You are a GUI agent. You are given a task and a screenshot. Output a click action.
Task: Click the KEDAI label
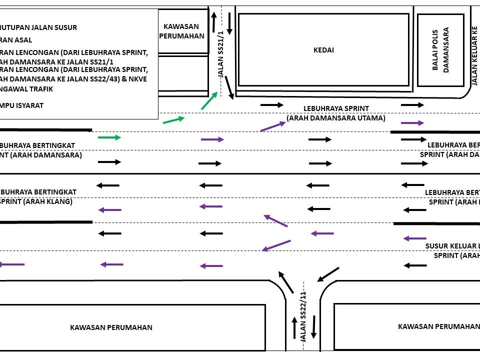click(323, 49)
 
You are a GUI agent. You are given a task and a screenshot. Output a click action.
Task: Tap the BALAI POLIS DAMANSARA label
click(440, 50)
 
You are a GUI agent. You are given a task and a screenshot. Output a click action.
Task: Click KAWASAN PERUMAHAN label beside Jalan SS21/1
click(181, 31)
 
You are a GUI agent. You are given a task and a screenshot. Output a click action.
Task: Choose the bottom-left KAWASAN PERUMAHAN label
click(111, 327)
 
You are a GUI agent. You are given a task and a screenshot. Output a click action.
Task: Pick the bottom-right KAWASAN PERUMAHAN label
click(438, 326)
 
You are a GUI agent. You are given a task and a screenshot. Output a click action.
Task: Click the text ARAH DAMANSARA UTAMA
click(336, 118)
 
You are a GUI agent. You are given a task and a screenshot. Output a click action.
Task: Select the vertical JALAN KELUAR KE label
click(474, 55)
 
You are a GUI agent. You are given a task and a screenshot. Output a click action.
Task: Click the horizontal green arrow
click(109, 137)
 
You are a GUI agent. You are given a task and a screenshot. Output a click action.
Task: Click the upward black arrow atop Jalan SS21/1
click(214, 22)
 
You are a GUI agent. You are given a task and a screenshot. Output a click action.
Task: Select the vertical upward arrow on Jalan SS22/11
click(294, 327)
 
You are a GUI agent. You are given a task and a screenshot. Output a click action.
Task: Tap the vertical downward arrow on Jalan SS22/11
click(314, 326)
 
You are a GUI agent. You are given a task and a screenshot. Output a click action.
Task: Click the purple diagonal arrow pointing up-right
click(273, 126)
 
